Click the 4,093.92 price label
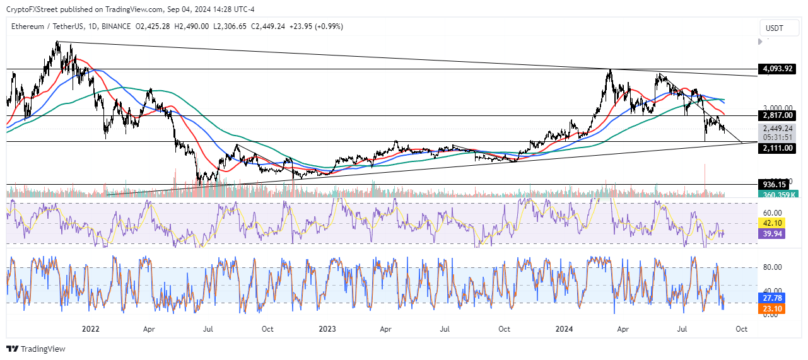point(776,69)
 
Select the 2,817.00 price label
point(776,116)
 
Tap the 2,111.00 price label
point(776,148)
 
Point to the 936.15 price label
point(775,185)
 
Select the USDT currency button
point(775,28)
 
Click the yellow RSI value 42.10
point(773,223)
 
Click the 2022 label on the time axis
point(90,329)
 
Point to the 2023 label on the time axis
point(327,329)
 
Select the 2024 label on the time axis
point(563,329)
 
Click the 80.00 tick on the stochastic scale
point(773,267)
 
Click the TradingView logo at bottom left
point(36,349)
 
